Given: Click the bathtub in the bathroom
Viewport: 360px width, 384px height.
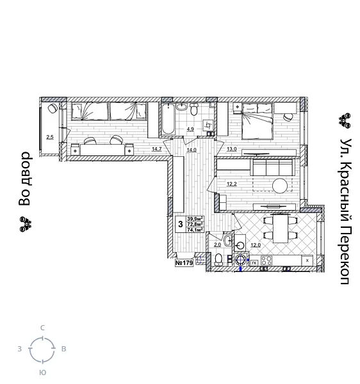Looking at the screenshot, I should pos(168,119).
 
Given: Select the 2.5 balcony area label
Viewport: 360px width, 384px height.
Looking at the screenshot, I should pos(49,136).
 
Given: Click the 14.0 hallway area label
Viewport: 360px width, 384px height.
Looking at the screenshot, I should pos(190,150).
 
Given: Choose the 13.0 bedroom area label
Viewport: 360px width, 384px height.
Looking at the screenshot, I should pos(231,149).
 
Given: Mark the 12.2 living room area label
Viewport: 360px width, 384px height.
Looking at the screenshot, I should pos(231,184).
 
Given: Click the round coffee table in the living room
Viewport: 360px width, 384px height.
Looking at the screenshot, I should pos(281,186).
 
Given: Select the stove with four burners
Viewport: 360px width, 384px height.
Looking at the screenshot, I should pos(266,260).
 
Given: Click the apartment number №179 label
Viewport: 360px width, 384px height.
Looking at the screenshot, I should pos(184,262).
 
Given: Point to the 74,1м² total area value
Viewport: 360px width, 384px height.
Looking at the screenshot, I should pos(195,230).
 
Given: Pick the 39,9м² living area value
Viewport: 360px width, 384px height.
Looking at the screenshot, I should pos(195,219).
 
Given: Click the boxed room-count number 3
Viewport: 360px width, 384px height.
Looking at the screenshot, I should pos(181,225).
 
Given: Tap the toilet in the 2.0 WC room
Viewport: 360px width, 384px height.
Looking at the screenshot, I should pos(219,259).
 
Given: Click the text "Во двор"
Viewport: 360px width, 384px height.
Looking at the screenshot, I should pos(24,179).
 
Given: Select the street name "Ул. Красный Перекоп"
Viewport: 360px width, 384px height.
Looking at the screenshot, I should pos(345,211).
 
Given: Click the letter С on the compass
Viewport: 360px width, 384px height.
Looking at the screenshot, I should pos(42,328).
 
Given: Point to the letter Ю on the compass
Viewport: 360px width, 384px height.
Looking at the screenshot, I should pos(42,372).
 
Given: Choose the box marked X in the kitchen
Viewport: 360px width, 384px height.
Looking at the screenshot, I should pos(308,260).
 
